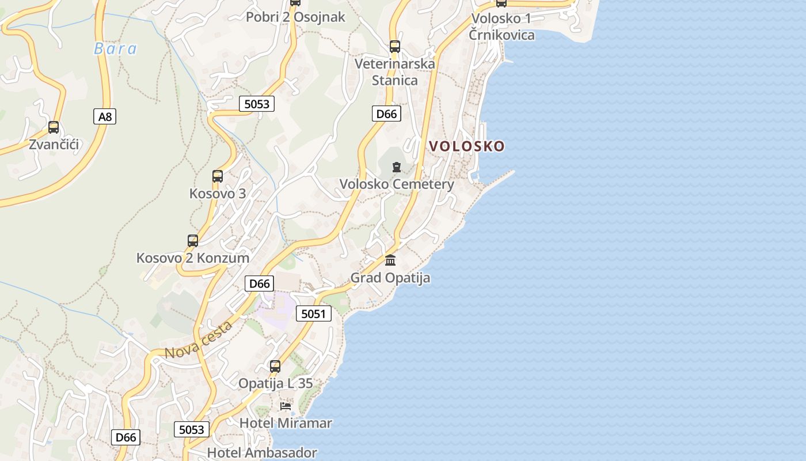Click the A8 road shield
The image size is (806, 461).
[x=105, y=117]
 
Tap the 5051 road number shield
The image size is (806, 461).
[x=314, y=314]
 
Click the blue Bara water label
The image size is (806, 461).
[x=115, y=48]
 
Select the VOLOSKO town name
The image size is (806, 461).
[x=467, y=146]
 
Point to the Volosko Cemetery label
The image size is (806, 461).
[x=397, y=184]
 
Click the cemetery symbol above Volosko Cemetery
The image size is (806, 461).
[x=396, y=167]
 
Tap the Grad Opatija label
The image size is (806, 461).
[x=390, y=278]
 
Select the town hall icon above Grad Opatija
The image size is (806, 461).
[x=390, y=260]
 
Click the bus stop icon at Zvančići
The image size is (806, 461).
[x=54, y=127]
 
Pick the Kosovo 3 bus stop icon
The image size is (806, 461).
[x=217, y=176]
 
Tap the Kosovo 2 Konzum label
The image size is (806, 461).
[x=193, y=258]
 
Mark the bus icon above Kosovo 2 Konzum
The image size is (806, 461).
[x=193, y=241]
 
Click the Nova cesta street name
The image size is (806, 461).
[x=199, y=340]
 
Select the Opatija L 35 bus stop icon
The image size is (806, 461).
[x=275, y=366]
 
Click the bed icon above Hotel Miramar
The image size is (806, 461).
[x=286, y=406]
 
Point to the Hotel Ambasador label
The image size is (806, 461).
[x=262, y=453]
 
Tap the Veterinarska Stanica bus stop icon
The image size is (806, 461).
[x=394, y=47]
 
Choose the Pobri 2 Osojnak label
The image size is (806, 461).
[x=295, y=17]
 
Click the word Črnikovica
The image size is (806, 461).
[x=501, y=35]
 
